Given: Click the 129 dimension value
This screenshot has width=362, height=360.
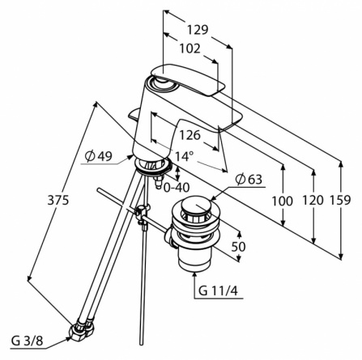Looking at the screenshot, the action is (198, 30).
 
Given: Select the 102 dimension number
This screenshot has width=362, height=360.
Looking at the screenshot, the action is (190, 49).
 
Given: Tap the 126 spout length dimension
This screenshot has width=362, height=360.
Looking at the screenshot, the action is (190, 135).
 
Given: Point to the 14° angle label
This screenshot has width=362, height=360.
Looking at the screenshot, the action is (184, 156).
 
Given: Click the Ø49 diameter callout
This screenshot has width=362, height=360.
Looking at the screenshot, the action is (99, 156).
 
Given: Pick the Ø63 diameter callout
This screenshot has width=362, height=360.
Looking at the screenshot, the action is (249, 180).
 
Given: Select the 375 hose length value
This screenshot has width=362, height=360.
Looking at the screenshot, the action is (58, 200).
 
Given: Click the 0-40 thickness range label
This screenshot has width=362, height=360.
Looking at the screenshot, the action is (177, 188).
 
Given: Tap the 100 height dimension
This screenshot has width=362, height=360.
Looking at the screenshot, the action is (282, 201).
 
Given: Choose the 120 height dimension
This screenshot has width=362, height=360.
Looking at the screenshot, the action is (313, 200).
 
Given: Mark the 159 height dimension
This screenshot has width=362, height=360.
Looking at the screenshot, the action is (340, 200).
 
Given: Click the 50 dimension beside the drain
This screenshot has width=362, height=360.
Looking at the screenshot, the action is (239, 247).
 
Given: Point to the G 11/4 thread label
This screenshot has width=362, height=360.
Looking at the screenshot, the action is (218, 291).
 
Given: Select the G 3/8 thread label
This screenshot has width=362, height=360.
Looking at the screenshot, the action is (27, 341).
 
